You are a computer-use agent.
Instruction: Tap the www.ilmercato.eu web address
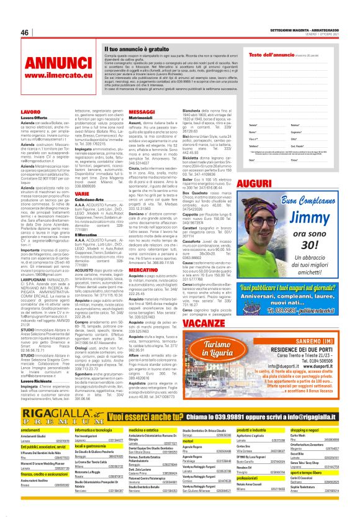(58, 76)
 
